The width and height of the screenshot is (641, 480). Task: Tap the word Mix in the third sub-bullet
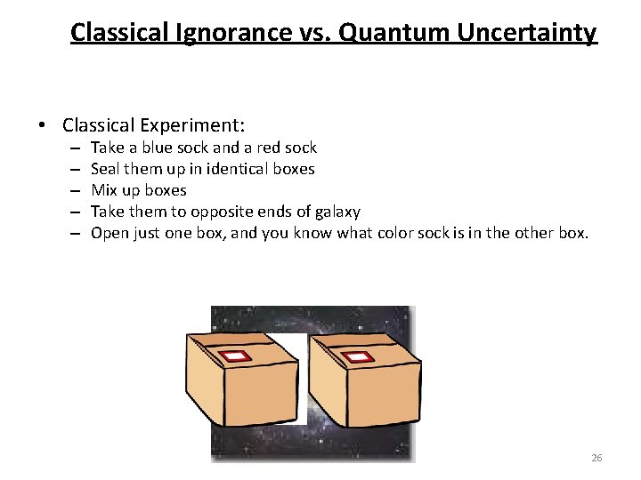tap(104, 190)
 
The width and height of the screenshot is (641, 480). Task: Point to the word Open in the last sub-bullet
tap(110, 233)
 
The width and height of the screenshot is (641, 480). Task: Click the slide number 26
tap(596, 458)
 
